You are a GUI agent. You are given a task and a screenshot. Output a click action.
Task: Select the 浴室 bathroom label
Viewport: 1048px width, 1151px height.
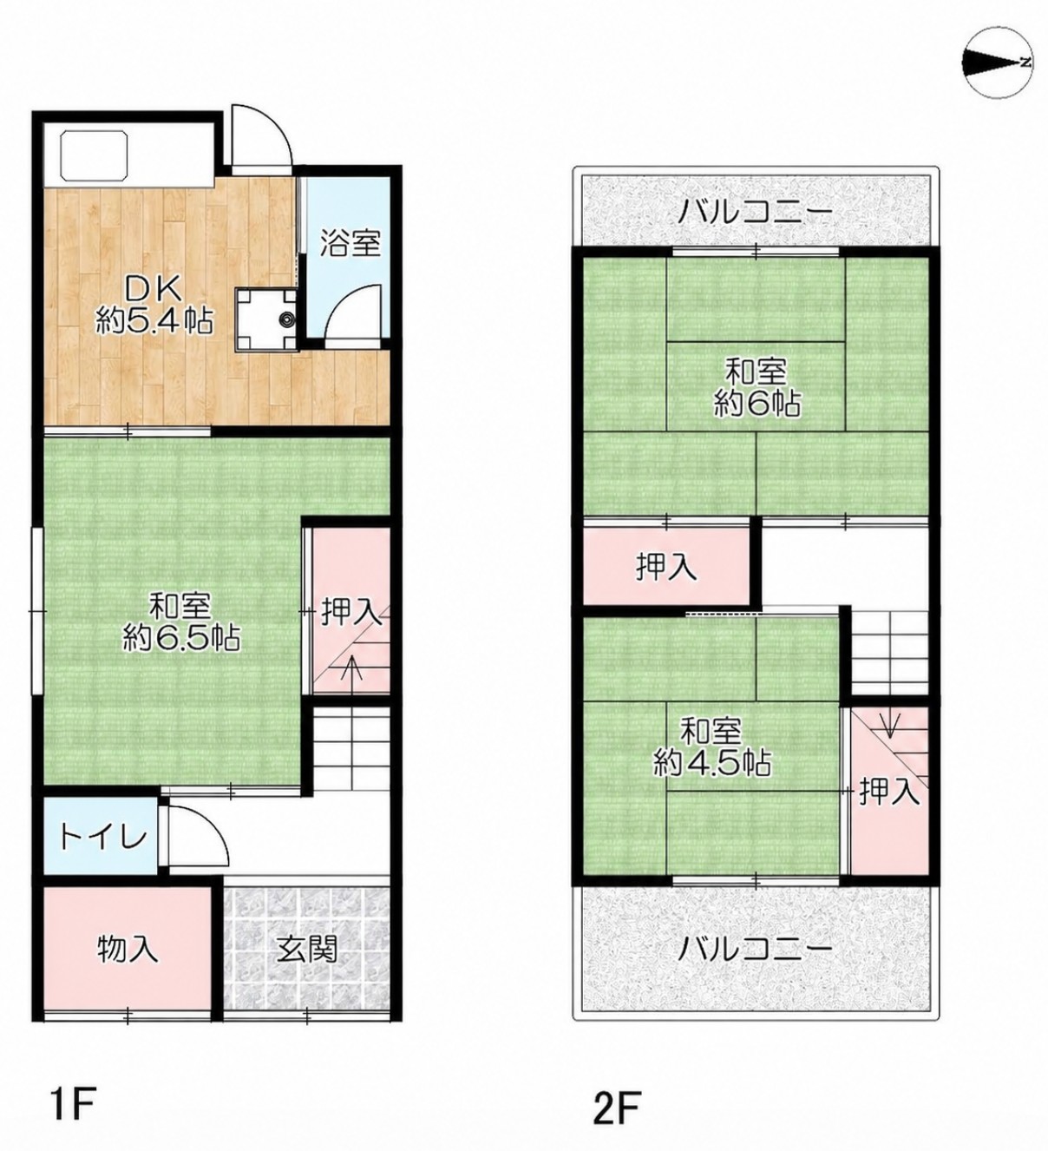(350, 243)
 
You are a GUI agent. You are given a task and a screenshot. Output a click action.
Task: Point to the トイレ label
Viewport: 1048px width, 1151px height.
(104, 839)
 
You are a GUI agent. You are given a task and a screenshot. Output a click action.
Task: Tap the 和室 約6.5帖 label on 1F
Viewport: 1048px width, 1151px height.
(181, 621)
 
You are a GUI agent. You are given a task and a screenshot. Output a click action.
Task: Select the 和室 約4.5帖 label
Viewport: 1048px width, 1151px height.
(712, 747)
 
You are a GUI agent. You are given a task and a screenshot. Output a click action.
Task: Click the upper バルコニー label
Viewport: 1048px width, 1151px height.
(755, 214)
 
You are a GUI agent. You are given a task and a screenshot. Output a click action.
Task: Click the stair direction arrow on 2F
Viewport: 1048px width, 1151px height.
(890, 723)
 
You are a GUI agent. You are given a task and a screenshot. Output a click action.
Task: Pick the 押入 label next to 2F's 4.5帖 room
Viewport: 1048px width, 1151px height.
(888, 793)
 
